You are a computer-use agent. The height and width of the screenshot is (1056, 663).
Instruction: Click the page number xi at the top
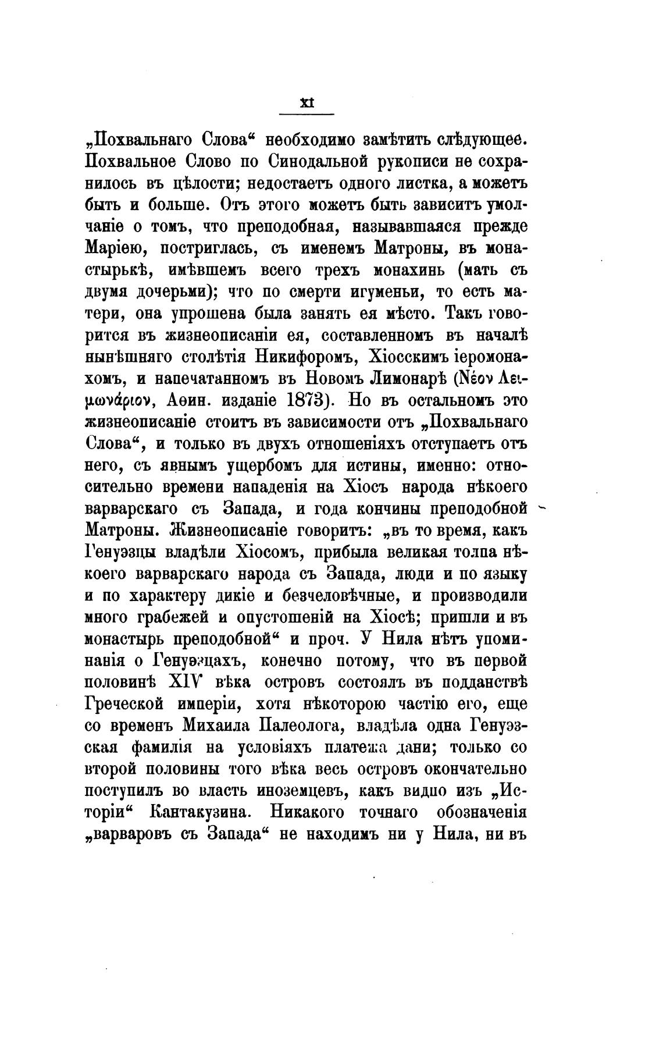[x=306, y=103]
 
